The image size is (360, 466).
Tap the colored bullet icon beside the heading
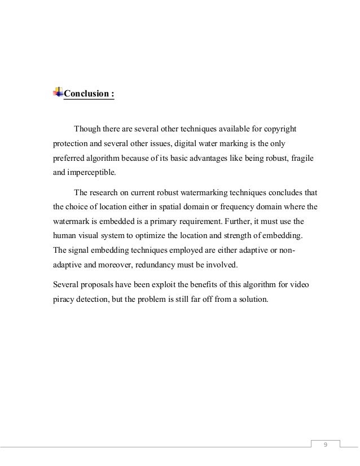[x=58, y=91]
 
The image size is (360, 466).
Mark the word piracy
[x=56, y=298]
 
